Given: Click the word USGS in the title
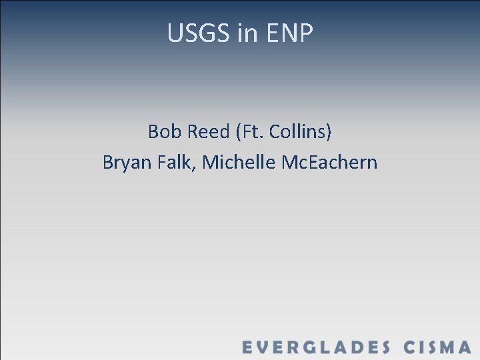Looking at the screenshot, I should coord(199,33).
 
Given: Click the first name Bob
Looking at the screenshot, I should coord(164,131).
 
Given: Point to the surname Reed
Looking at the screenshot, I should coord(207,131).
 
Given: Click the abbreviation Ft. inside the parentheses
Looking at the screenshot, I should coord(251,131).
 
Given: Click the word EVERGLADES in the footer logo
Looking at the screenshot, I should coord(315,347).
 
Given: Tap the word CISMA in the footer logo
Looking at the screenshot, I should coord(437,347).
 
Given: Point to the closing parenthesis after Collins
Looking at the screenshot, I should coord(328,132).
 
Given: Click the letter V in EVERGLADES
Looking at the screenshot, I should coord(265,347).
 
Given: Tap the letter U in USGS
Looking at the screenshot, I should coord(175,33).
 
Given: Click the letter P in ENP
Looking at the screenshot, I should coord(305,33).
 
